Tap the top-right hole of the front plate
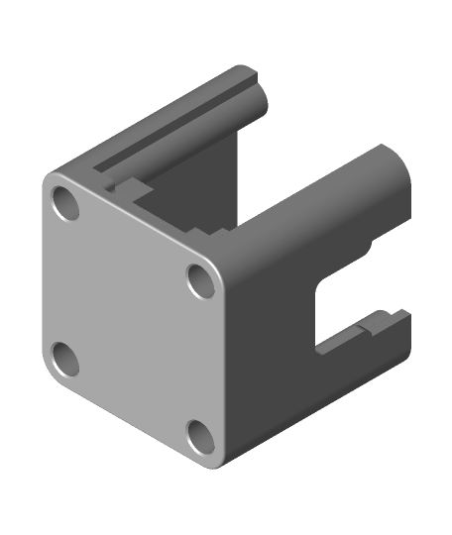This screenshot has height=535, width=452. click(x=201, y=279)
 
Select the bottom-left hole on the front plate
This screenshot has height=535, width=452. click(x=65, y=358)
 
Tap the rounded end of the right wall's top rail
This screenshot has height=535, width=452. click(x=395, y=168)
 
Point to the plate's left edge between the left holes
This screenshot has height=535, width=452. click(x=46, y=282)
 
